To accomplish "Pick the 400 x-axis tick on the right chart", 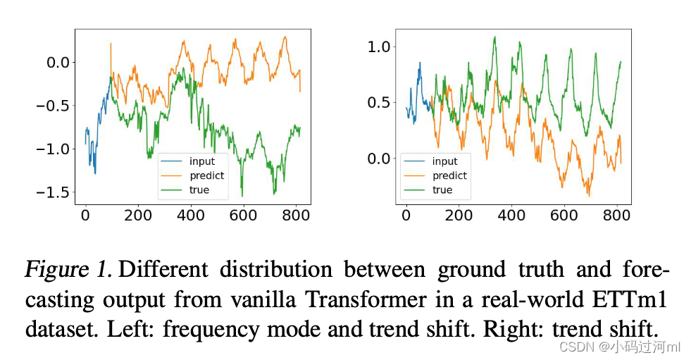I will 511,216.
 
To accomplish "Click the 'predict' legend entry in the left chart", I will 206,175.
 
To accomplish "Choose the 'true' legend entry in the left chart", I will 199,190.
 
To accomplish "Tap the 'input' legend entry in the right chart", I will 444,161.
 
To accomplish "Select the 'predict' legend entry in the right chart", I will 449,175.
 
